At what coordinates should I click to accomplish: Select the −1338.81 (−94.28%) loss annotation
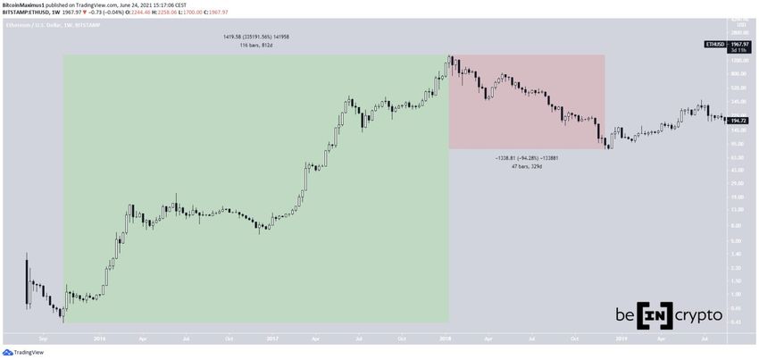[525, 157]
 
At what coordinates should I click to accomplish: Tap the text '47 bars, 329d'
[525, 166]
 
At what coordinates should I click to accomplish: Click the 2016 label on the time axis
[99, 339]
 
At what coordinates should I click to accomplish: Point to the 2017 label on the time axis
[272, 339]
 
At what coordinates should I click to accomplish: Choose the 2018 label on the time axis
[446, 339]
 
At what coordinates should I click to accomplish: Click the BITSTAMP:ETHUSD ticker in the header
[29, 13]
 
